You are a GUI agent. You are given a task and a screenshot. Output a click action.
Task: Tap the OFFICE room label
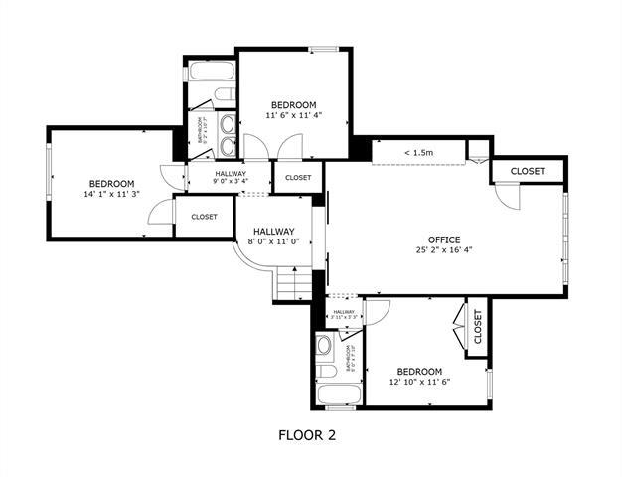tap(444, 239)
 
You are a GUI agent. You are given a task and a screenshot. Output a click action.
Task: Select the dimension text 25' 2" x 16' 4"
tap(444, 250)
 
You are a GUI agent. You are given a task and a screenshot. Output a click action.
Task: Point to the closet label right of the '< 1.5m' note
tap(528, 171)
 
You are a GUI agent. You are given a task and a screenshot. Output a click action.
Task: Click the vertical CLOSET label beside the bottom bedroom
tap(478, 326)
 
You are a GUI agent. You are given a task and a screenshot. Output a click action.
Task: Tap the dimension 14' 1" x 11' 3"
tap(111, 194)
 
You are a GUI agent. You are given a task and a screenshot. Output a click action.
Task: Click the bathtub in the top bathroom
tap(210, 74)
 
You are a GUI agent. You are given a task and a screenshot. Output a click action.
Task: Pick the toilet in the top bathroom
tap(224, 95)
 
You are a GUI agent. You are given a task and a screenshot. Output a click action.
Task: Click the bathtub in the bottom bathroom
tap(341, 394)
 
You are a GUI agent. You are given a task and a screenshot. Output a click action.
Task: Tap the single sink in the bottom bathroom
tap(325, 347)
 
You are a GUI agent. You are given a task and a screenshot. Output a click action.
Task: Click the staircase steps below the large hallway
tap(293, 285)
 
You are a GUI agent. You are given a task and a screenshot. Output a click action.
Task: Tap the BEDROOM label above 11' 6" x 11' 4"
tap(294, 105)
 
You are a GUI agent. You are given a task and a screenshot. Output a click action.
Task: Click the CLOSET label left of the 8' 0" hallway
tap(205, 216)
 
